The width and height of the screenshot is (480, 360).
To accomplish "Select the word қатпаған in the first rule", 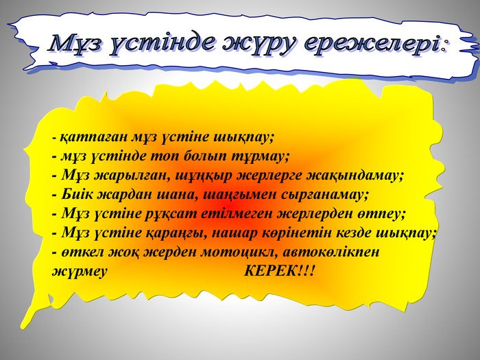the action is click(94, 137).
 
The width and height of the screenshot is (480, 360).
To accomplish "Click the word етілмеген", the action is click(237, 214).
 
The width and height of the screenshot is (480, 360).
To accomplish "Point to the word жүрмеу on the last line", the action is click(80, 272).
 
